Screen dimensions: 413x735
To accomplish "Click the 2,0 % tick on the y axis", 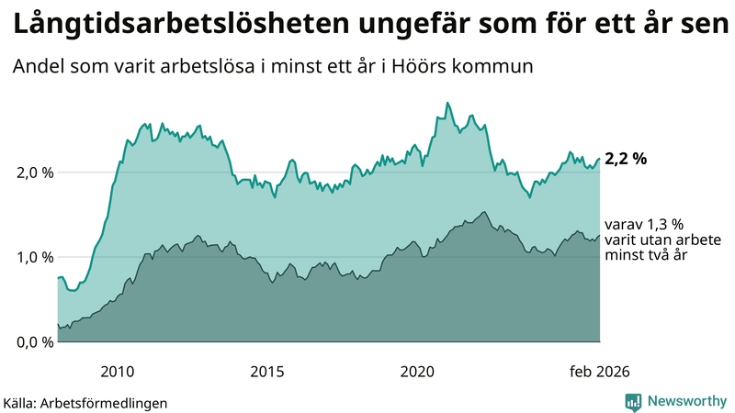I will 34,173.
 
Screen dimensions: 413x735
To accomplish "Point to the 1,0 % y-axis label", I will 34,257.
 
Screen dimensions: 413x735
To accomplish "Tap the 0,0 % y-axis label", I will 34,342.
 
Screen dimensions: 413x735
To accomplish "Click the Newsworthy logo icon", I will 633,401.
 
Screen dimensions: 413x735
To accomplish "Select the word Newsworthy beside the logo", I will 686,401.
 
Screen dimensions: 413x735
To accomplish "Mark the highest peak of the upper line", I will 447,103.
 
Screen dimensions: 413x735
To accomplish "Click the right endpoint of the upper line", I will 600,159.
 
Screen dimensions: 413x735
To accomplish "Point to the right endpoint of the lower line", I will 600,235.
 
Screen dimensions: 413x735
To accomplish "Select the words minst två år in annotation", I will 647,255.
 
